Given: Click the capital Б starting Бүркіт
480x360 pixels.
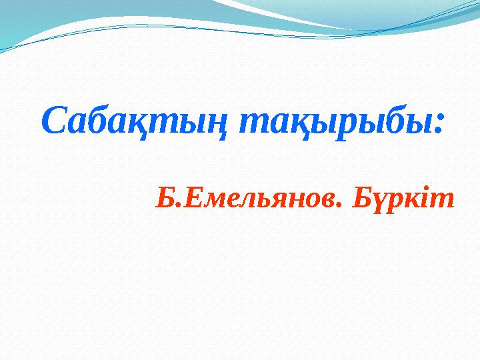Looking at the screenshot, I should point(361,197).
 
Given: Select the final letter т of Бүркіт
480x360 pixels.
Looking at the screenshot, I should point(445,199).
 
